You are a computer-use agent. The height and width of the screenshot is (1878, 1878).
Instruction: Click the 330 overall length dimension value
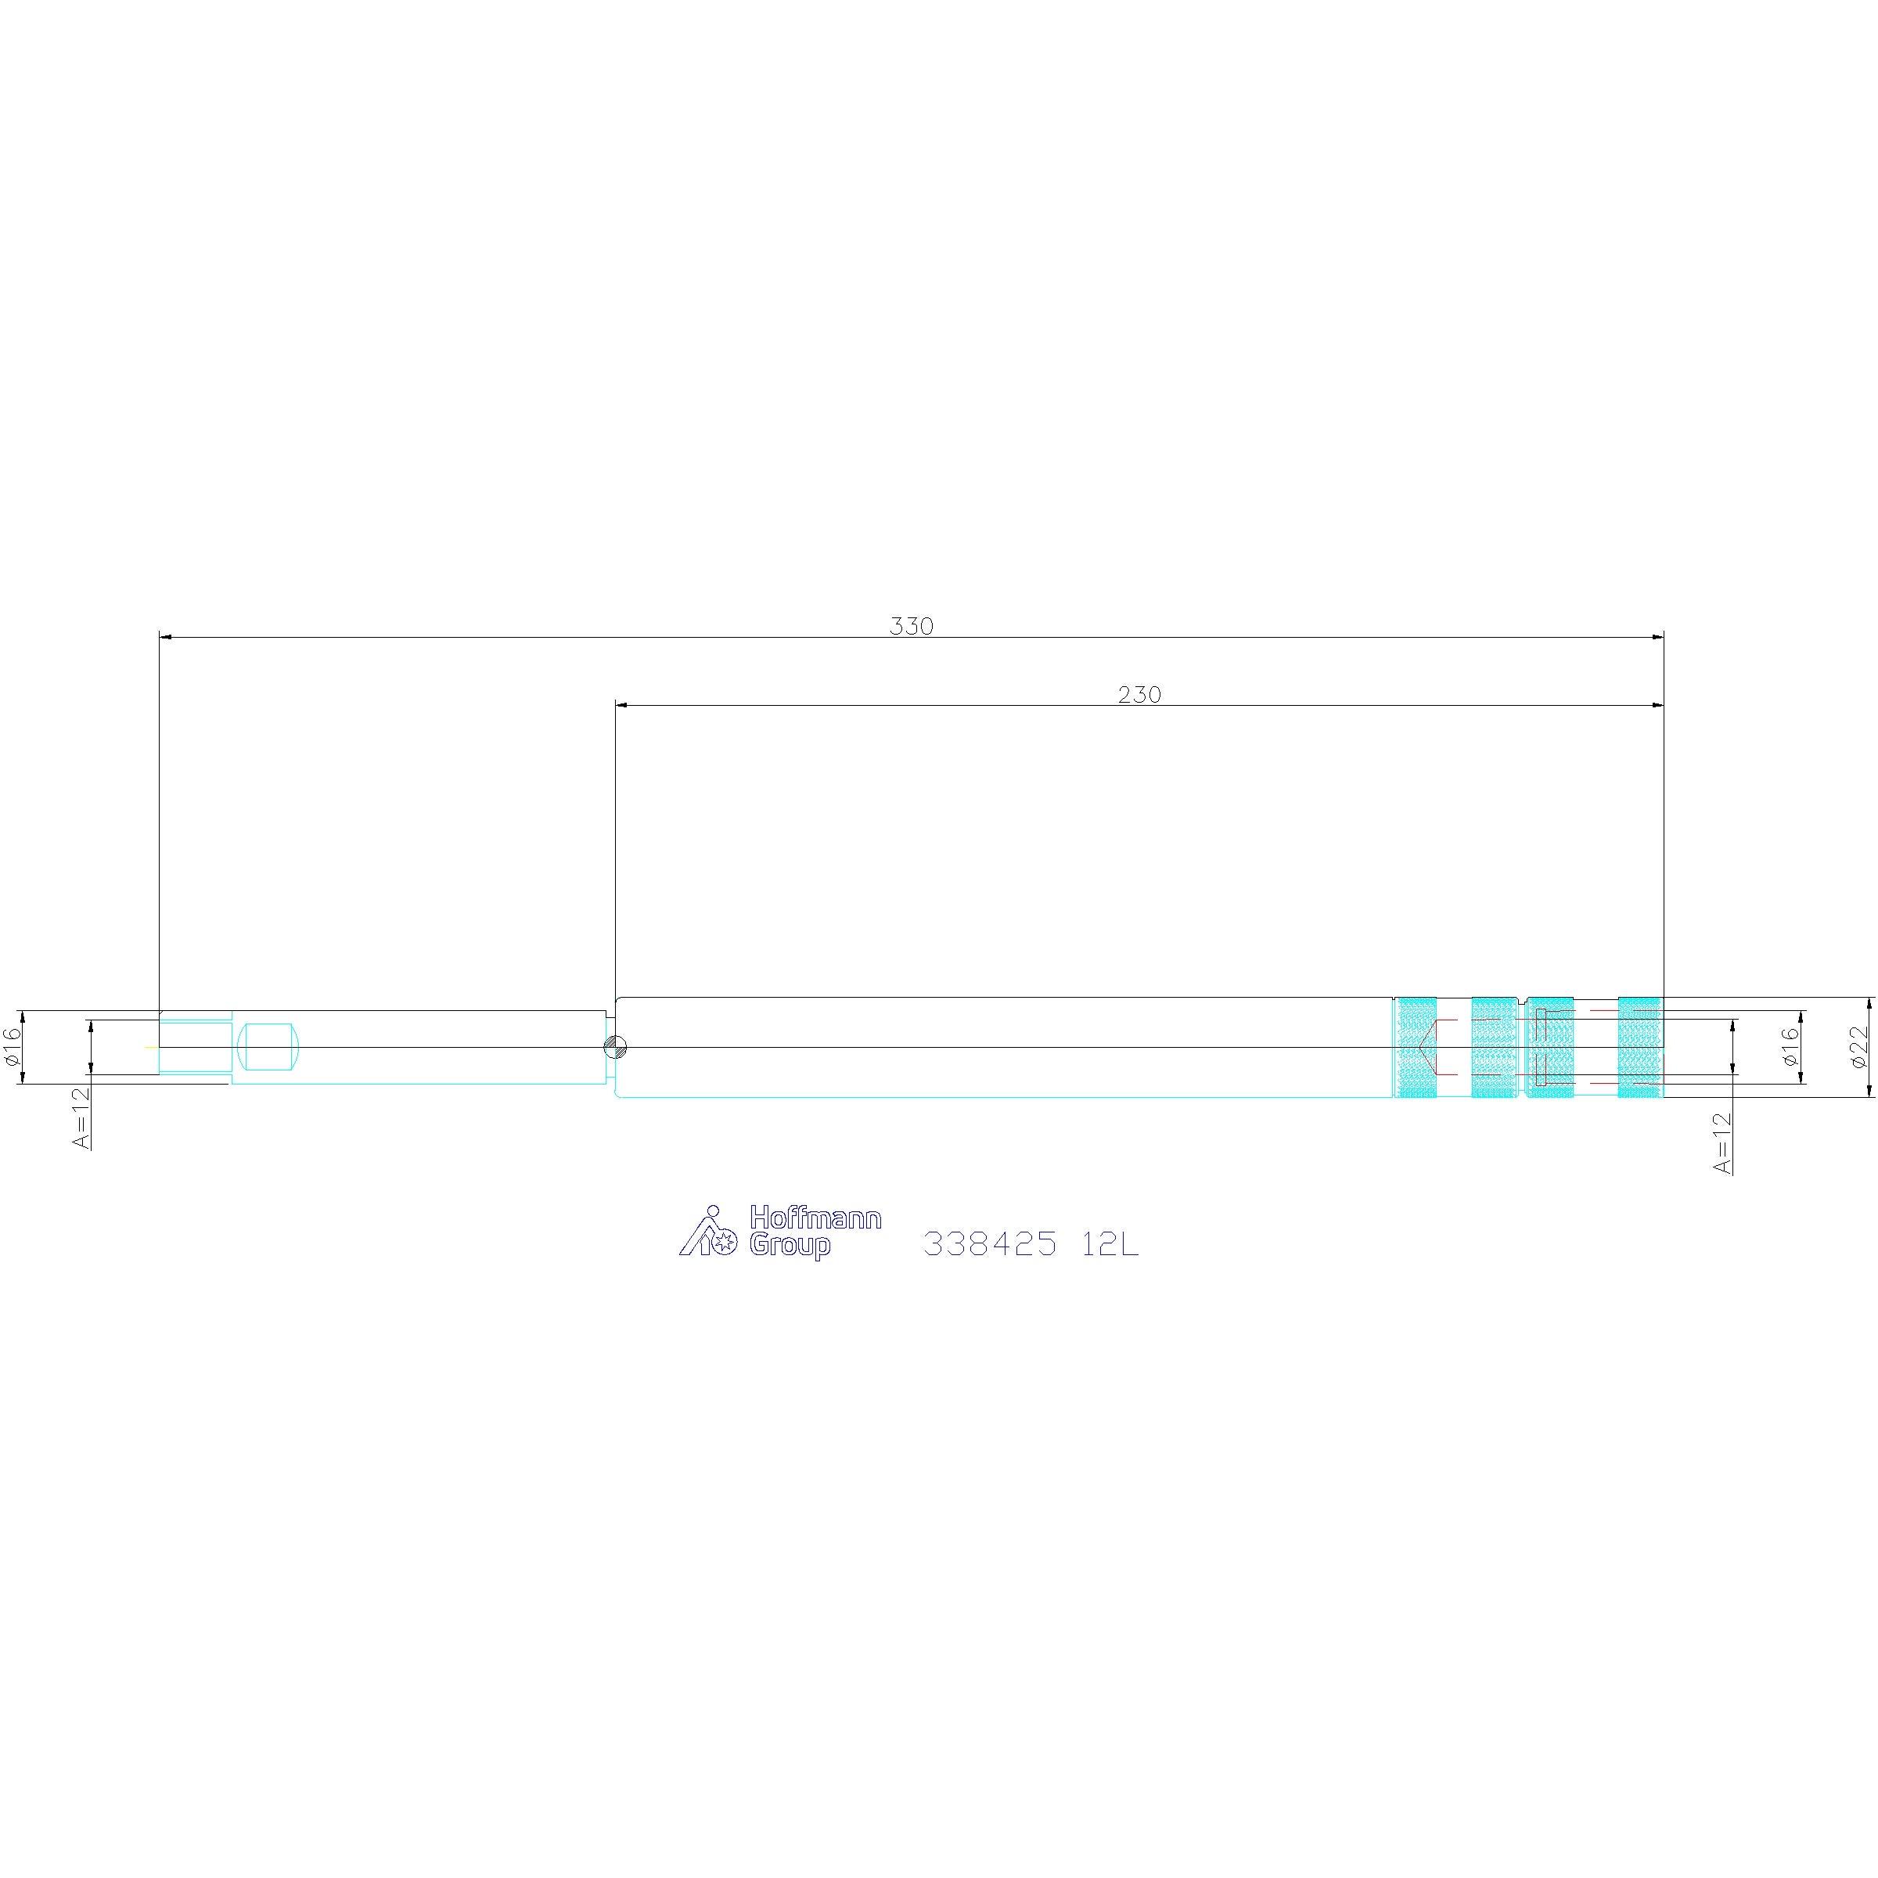[911, 627]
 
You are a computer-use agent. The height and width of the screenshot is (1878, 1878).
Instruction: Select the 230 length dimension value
[1139, 695]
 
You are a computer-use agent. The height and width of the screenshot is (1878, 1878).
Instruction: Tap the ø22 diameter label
[1858, 1048]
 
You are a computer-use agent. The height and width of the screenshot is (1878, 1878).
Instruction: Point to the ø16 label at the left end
[13, 1047]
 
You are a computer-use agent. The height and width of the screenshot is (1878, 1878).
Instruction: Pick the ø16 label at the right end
[1790, 1047]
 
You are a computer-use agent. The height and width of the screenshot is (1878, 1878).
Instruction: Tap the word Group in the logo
[790, 1247]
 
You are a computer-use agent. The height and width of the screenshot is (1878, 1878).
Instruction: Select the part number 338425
[990, 1243]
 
